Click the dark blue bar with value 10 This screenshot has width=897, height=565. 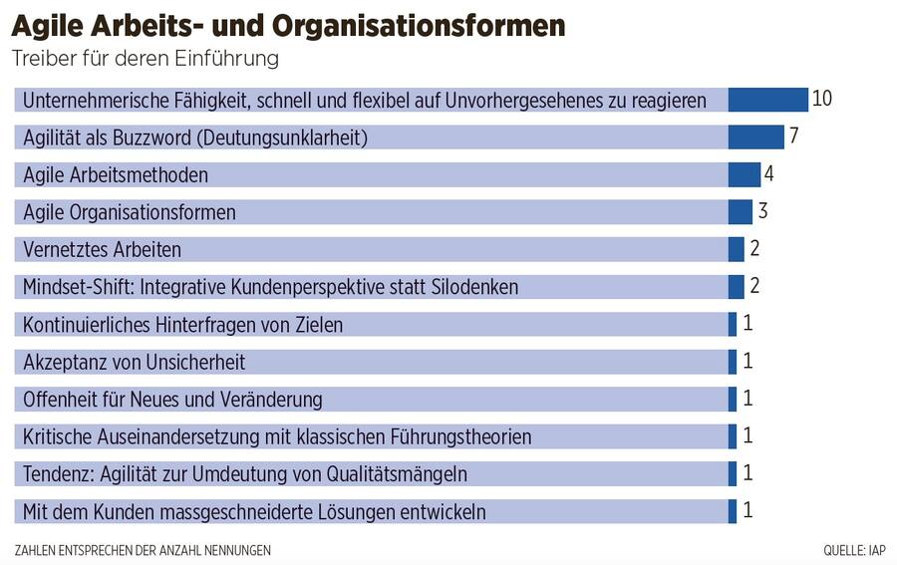pos(767,100)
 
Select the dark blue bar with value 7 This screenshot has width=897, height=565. pos(755,137)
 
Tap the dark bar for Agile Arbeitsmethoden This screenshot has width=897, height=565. pos(744,174)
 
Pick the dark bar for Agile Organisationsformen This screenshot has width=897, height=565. pos(740,212)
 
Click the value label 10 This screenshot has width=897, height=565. pos(821,99)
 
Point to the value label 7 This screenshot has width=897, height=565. pos(793,137)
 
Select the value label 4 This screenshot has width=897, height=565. pos(768,173)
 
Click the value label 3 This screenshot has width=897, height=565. pos(762,211)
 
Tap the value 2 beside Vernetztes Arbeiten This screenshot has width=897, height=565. pos(754,249)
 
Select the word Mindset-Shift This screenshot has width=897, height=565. pos(79,287)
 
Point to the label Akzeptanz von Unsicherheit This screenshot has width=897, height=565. pos(134,362)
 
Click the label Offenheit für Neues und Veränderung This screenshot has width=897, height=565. pos(172,400)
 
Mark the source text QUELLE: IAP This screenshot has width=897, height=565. pos(854,550)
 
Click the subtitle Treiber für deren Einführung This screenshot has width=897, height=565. pos(145,59)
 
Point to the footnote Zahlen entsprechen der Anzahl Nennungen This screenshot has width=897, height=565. pos(143,550)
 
